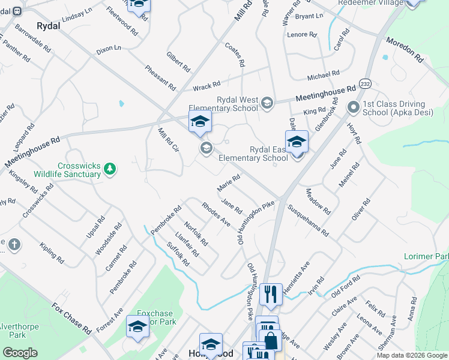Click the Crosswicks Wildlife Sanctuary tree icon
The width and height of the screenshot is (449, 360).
pyautogui.click(x=109, y=169)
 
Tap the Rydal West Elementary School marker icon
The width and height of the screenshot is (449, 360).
pyautogui.click(x=267, y=104)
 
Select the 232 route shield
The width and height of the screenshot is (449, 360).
pyautogui.click(x=364, y=82)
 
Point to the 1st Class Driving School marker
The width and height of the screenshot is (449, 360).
pyautogui.click(x=353, y=107)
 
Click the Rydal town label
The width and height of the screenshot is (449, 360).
pyautogui.click(x=49, y=26)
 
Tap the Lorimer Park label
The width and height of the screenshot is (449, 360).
pyautogui.click(x=426, y=256)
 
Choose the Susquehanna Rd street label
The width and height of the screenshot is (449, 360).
pyautogui.click(x=309, y=220)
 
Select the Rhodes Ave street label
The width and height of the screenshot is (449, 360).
pyautogui.click(x=216, y=214)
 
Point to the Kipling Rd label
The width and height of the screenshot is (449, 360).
pyautogui.click(x=52, y=254)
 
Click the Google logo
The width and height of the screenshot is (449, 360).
pyautogui.click(x=20, y=353)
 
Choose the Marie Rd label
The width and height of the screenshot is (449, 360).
pyautogui.click(x=229, y=181)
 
